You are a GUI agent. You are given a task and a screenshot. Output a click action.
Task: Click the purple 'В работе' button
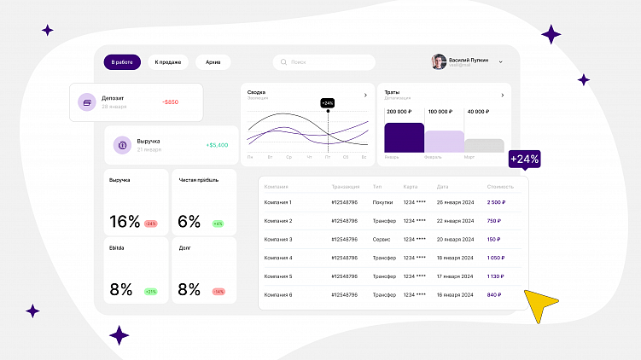tap(122, 62)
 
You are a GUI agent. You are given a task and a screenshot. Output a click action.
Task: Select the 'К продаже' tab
tap(166, 62)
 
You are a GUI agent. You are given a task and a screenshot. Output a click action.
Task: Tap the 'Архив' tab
tap(213, 62)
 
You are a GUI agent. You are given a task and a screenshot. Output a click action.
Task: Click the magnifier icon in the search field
tap(283, 62)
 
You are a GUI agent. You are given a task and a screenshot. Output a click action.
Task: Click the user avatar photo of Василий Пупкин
tap(439, 62)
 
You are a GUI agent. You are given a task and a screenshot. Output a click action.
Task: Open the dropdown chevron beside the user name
tap(500, 62)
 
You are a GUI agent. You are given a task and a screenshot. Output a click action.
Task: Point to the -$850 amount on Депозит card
tap(170, 102)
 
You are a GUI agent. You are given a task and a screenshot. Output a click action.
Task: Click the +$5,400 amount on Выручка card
tap(217, 145)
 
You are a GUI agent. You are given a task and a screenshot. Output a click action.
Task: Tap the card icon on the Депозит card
tap(86, 102)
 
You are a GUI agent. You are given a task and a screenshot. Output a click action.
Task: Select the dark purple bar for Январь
tap(404, 137)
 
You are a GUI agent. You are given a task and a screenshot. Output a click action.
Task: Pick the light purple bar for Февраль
tap(445, 142)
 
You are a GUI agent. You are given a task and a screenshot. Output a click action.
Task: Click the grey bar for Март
tap(484, 146)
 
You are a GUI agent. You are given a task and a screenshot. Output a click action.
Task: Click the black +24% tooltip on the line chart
tap(328, 102)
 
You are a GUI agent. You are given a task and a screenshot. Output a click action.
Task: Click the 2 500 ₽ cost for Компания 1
tap(495, 202)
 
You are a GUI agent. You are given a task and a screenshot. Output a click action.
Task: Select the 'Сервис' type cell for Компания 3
tap(381, 240)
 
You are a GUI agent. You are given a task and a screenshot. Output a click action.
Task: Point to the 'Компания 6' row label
tap(278, 294)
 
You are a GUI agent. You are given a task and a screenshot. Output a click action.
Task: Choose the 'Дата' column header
tap(442, 186)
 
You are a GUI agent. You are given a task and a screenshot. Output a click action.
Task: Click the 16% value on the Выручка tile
tap(125, 222)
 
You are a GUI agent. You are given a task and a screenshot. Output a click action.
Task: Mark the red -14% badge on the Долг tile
tap(219, 292)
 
